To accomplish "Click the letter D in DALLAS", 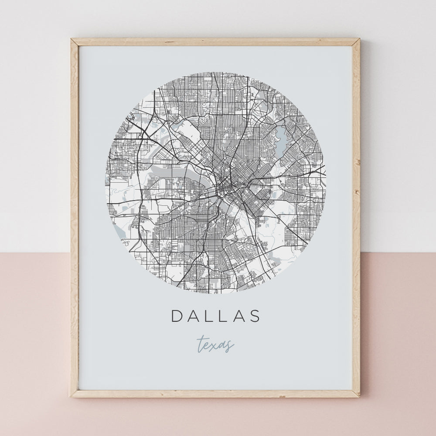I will (x=178, y=316).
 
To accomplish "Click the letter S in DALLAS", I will (x=255, y=316).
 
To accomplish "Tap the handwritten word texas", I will (x=215, y=344).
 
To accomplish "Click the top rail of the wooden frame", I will (x=215, y=42).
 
